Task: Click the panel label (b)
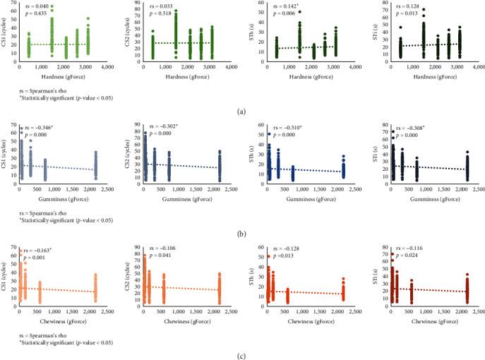[x=243, y=232]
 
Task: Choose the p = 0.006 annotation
[x=280, y=13]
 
